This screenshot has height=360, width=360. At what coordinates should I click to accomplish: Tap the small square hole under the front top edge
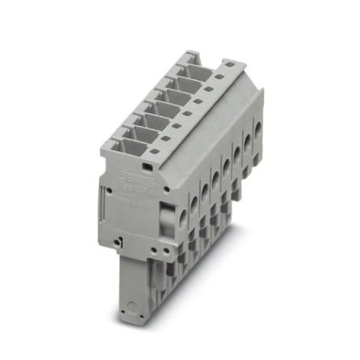tap(148, 167)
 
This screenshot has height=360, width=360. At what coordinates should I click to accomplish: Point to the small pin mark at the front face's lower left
tap(117, 241)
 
